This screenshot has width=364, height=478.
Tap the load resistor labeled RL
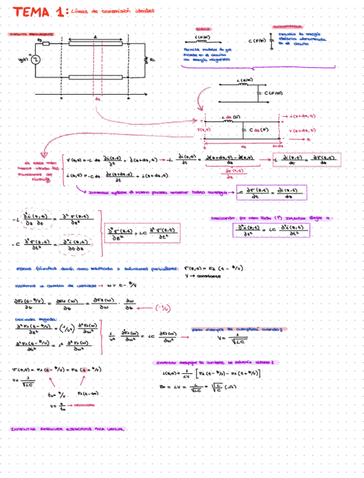[x=145, y=59]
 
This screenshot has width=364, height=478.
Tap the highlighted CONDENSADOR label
[x=287, y=27]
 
